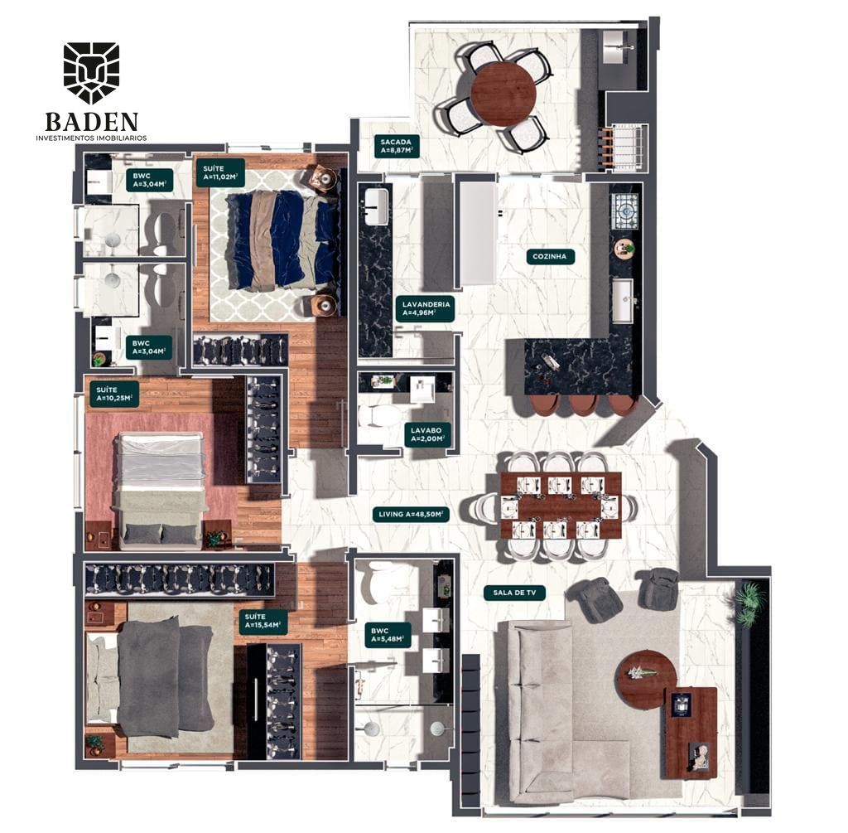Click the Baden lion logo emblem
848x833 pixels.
point(91,73)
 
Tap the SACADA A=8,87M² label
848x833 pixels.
point(396,146)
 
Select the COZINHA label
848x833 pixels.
point(550,257)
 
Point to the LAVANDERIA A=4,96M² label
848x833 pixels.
point(426,308)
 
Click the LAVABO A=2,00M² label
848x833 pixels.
point(426,434)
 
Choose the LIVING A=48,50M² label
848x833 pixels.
point(411,514)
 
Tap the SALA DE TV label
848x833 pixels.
point(514,593)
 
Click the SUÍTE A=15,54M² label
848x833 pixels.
point(262,621)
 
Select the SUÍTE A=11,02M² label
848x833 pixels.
point(220,172)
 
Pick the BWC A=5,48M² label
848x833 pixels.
point(388,635)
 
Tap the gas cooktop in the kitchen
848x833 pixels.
point(624,211)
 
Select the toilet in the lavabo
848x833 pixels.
point(378,417)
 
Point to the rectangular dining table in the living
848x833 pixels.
point(561,506)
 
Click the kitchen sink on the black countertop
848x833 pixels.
point(623,301)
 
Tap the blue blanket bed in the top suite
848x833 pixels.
point(282,240)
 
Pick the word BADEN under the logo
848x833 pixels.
point(92,122)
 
